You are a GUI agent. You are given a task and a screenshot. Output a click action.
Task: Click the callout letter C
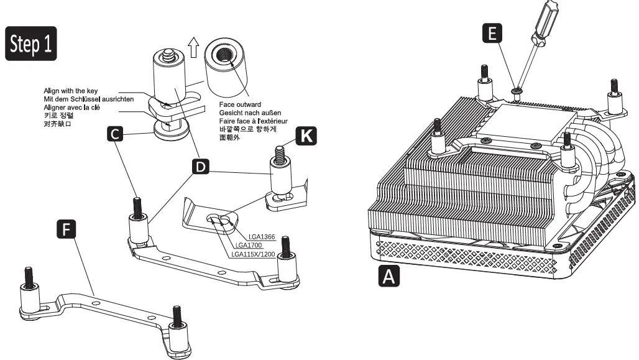(x=114, y=132)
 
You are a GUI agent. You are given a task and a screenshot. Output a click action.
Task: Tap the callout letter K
(x=305, y=136)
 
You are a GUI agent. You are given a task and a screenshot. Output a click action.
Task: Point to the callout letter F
(x=66, y=229)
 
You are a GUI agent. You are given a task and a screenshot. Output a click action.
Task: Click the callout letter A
(x=390, y=276)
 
